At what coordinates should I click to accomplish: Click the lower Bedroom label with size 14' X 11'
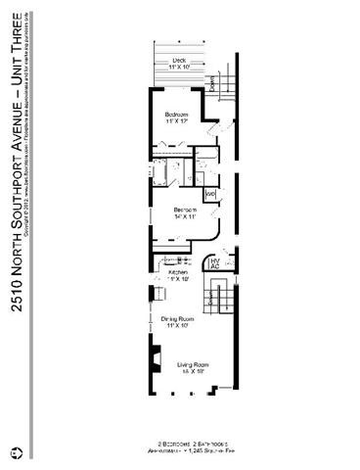[185, 212]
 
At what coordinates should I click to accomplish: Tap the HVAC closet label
[214, 261]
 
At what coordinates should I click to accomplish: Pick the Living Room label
[184, 363]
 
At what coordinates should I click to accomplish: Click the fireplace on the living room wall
[154, 359]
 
